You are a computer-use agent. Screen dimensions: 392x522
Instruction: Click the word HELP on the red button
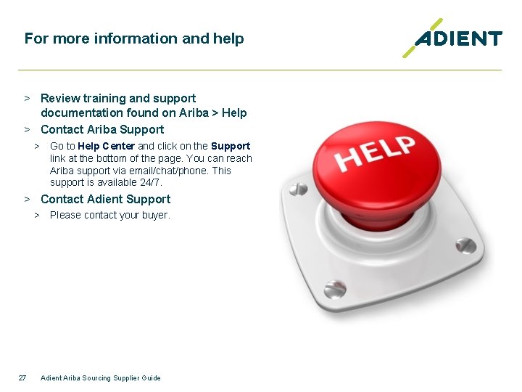coord(375,152)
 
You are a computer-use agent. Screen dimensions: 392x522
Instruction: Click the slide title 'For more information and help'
coord(134,38)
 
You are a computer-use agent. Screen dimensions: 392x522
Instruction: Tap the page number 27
coord(22,377)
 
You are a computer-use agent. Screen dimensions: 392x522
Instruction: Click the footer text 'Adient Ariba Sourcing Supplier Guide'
coord(101,377)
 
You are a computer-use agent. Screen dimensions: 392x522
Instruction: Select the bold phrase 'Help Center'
coord(107,146)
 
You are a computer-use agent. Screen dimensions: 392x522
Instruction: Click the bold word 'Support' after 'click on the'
coord(231,146)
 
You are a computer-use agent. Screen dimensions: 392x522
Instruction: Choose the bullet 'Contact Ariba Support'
coord(102,129)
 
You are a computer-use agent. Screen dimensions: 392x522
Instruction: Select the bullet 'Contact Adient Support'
coord(106,199)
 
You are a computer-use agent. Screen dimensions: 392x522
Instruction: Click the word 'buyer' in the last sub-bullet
coord(155,215)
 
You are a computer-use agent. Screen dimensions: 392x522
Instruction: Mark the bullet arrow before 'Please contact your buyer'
coord(37,215)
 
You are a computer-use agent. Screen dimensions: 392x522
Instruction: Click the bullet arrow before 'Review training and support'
coord(26,98)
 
